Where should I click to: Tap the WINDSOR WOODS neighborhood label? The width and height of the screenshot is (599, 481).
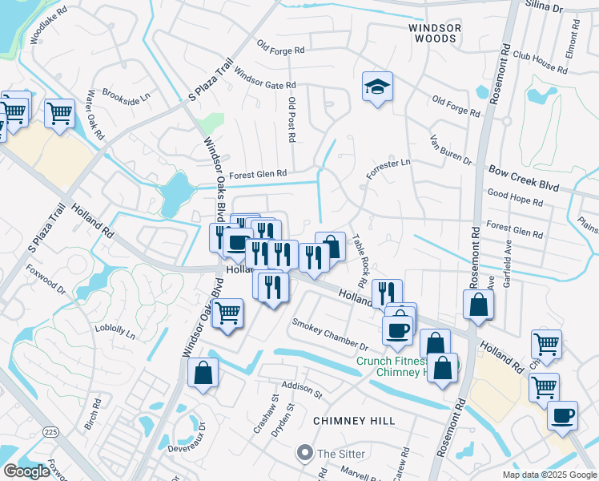pos(436,32)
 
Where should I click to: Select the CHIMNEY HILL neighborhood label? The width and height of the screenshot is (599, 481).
pos(355,421)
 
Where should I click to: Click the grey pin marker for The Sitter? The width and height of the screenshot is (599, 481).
pos(304,454)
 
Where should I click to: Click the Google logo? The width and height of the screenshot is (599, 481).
pos(26,471)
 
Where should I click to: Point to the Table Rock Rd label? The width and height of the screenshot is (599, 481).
pos(359,261)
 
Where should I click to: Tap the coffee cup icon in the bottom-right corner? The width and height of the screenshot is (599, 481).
pos(562,416)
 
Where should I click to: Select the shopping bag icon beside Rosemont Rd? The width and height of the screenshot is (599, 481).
pos(478,305)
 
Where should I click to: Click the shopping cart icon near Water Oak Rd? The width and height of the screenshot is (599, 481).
pos(59,114)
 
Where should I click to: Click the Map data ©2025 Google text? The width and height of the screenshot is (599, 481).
pos(549,475)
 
